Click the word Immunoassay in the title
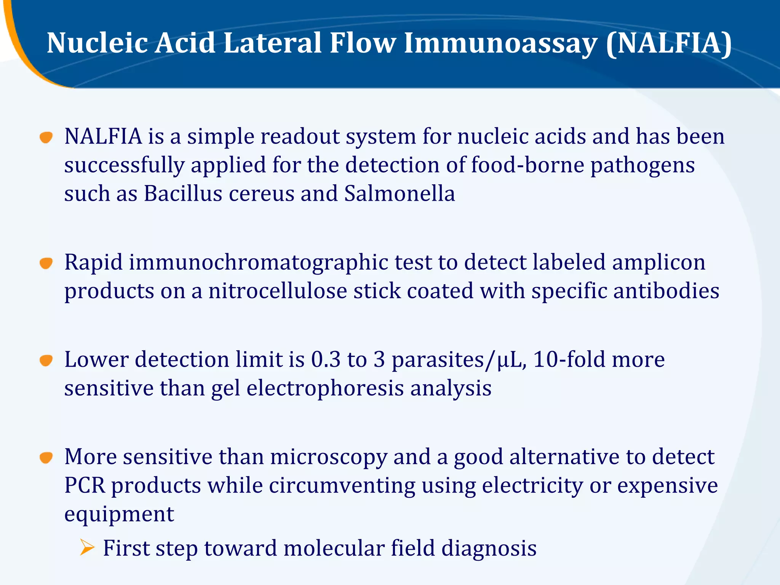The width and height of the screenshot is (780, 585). point(500,43)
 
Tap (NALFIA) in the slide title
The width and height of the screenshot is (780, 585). point(669,43)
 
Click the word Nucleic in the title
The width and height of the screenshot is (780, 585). point(97,43)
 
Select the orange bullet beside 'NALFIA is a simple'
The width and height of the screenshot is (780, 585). point(46,137)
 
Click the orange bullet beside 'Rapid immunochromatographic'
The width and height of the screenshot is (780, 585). point(46,263)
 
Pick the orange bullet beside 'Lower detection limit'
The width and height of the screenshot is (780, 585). point(46,360)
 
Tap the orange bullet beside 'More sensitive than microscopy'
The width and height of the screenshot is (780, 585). point(46,457)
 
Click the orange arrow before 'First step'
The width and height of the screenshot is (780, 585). point(87,548)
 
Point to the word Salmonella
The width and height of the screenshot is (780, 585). point(400,193)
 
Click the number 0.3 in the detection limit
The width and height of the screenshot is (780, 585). point(326,360)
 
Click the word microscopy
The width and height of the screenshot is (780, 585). point(329,457)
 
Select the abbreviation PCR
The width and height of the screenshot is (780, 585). point(85,486)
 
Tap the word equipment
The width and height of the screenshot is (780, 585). point(119,514)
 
